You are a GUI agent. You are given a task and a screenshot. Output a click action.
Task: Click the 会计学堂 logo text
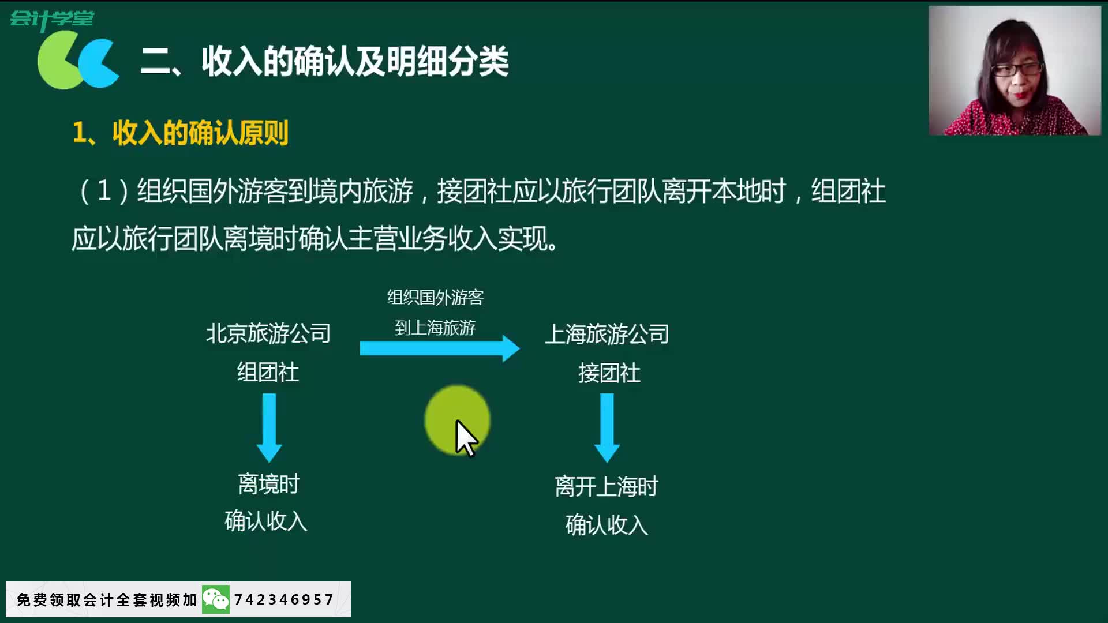pos(52,20)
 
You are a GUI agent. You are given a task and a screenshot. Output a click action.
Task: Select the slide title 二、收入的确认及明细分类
pos(324,61)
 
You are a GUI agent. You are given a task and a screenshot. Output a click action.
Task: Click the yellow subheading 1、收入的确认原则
pos(181,133)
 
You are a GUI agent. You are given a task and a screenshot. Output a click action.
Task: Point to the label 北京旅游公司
pos(268,333)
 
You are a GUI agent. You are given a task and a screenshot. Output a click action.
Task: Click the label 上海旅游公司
pos(607,334)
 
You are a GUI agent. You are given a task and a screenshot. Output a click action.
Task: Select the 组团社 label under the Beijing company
pos(268,372)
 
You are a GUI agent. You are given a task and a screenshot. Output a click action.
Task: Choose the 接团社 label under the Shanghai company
pos(609,373)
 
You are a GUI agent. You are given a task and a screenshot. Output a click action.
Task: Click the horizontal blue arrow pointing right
pos(439,348)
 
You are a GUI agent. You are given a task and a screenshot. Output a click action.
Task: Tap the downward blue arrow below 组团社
pos(269,427)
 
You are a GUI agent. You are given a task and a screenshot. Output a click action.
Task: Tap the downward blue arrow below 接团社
pos(607,427)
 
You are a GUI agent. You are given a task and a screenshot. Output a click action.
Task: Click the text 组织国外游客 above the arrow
pos(435,298)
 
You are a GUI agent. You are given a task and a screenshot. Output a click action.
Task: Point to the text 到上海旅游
pos(435,328)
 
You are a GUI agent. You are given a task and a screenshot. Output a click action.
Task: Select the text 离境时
pos(269,484)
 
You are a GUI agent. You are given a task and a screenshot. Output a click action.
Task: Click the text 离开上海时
pos(607,487)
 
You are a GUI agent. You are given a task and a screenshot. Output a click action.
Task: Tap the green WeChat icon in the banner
pos(216,600)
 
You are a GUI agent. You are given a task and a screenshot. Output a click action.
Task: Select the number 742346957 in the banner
pos(284,600)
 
